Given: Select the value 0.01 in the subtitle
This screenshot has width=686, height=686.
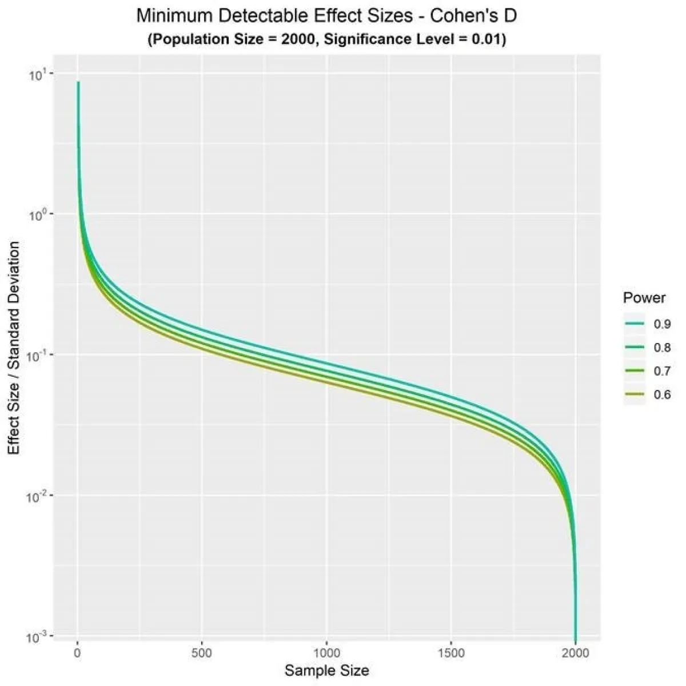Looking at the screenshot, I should (485, 40).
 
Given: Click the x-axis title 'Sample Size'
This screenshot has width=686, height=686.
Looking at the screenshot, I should (326, 671).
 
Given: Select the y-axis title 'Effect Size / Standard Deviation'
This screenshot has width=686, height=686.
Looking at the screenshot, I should (14, 348).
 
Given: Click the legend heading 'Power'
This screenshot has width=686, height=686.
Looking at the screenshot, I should (644, 298).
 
